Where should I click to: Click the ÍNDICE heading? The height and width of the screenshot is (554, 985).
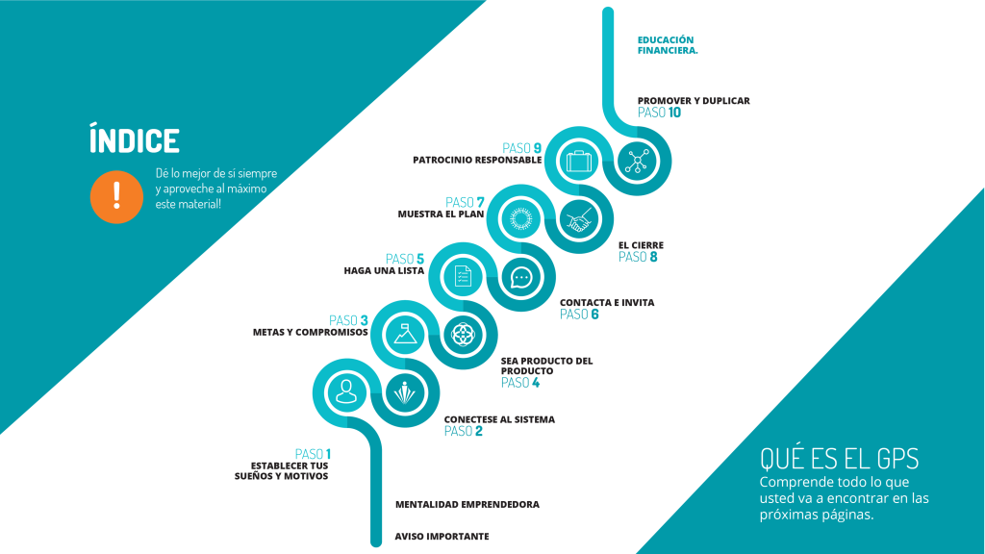point(135,138)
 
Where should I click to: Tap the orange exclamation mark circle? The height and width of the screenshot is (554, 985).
point(116,196)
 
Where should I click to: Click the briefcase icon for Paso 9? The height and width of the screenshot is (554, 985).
point(578,162)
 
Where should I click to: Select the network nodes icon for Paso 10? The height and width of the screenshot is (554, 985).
point(637,161)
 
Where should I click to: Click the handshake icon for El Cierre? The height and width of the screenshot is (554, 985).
point(579,220)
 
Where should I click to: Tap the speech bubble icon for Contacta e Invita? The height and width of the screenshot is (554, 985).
point(521,278)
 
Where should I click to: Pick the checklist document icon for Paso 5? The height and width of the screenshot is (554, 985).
point(463,276)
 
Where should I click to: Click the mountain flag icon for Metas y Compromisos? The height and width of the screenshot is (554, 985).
point(405,334)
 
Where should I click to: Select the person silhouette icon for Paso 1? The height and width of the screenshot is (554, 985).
point(346,392)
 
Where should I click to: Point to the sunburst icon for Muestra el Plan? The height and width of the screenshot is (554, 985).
point(520,219)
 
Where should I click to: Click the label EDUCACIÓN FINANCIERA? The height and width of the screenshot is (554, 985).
point(668,45)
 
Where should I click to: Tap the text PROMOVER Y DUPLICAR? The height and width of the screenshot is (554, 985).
point(694,100)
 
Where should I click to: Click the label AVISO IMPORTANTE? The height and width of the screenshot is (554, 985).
point(442,537)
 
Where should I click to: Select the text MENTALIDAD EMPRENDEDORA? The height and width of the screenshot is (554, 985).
point(467,504)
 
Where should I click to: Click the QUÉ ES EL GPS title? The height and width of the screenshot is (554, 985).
point(839,459)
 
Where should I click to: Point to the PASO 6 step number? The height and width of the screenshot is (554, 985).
point(579,315)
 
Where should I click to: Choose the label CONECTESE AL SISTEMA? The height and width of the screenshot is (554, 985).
point(499,419)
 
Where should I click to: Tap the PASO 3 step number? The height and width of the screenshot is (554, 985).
point(348,320)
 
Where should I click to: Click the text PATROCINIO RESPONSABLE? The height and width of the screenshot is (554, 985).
point(477,161)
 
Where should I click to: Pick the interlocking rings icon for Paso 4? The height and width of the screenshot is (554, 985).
point(463,335)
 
